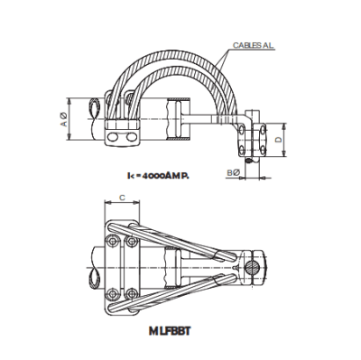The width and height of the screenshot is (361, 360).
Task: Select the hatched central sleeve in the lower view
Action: click(173, 266)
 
